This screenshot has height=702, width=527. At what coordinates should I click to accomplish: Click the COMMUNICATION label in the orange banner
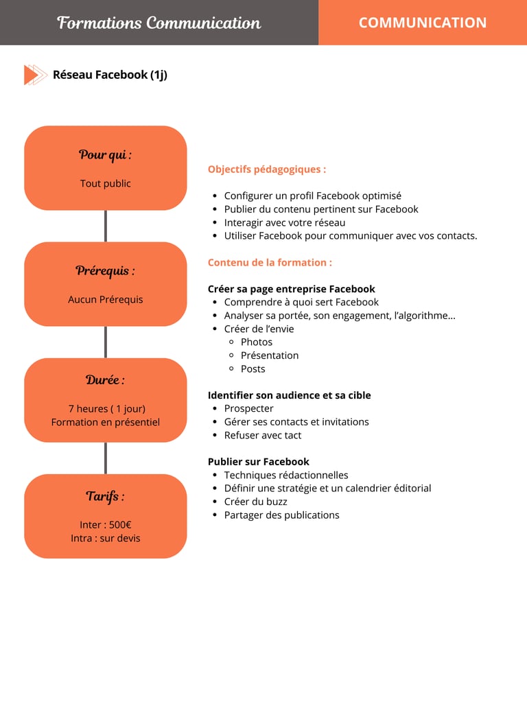pyautogui.click(x=422, y=23)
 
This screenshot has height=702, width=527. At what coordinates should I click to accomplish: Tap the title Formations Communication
pyautogui.click(x=159, y=23)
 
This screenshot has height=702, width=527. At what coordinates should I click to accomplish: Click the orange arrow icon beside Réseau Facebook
pyautogui.click(x=34, y=75)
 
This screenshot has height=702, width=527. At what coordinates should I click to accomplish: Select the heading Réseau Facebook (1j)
pyautogui.click(x=110, y=75)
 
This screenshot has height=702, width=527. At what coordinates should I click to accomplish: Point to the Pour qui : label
pyautogui.click(x=105, y=154)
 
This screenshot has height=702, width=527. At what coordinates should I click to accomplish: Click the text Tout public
pyautogui.click(x=105, y=183)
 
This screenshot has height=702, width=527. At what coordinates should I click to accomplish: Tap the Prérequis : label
pyautogui.click(x=105, y=270)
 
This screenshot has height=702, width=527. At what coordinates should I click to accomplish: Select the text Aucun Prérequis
pyautogui.click(x=105, y=299)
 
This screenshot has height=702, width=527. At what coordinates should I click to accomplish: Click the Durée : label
pyautogui.click(x=105, y=379)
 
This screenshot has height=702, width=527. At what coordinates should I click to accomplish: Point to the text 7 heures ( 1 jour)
pyautogui.click(x=106, y=408)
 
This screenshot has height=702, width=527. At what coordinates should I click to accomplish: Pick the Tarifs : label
pyautogui.click(x=105, y=495)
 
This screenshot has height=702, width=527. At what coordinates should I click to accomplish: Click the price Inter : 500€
pyautogui.click(x=105, y=525)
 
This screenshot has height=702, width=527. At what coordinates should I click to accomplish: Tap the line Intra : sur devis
pyautogui.click(x=105, y=538)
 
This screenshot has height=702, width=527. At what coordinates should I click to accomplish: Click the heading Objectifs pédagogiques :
pyautogui.click(x=267, y=169)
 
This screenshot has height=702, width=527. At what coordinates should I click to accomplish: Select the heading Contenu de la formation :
pyautogui.click(x=270, y=262)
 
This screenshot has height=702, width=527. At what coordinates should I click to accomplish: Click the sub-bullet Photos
pyautogui.click(x=257, y=342)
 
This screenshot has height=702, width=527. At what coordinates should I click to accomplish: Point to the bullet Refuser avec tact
pyautogui.click(x=262, y=435)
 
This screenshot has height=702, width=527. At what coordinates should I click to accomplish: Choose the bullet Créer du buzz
pyautogui.click(x=255, y=502)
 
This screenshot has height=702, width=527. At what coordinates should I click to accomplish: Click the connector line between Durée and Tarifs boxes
pyautogui.click(x=105, y=458)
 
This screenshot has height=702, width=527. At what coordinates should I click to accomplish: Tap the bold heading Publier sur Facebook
pyautogui.click(x=258, y=462)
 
